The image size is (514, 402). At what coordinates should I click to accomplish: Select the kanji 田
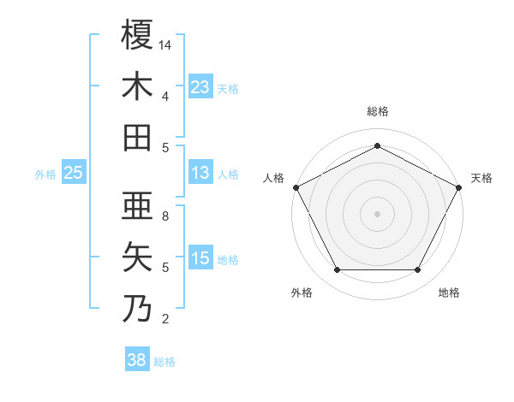(138, 137)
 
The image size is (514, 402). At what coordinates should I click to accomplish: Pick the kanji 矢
(138, 257)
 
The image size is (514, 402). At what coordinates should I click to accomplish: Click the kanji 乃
(138, 308)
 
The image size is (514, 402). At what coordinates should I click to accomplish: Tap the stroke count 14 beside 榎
(165, 45)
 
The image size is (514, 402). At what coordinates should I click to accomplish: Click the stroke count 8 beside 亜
(165, 216)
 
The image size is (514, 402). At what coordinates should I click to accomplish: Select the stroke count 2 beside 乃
(165, 319)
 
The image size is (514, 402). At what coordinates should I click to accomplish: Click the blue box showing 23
(200, 86)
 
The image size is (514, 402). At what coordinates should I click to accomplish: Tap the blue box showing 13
(200, 174)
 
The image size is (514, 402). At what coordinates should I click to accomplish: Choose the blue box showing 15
(200, 258)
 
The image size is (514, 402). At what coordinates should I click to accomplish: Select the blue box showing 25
(74, 174)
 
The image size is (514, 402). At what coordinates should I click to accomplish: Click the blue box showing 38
(137, 360)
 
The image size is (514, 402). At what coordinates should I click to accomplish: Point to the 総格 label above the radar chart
(377, 111)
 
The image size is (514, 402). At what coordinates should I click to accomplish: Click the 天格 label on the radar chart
(481, 178)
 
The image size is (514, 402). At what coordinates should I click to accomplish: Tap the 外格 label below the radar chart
(302, 293)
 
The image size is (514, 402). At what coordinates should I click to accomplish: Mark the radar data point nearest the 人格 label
(296, 186)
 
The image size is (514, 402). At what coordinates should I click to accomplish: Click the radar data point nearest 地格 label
(418, 270)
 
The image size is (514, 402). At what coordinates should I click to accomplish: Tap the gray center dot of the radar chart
(377, 213)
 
